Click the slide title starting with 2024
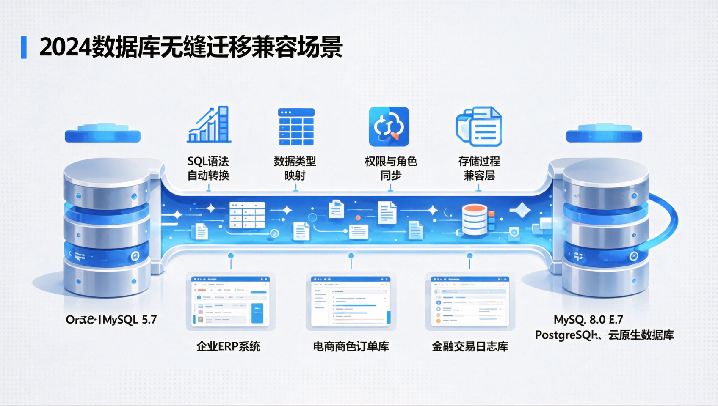pyautogui.click(x=191, y=47)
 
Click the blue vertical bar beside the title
pyautogui.click(x=24, y=47)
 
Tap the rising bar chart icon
pyautogui.click(x=209, y=124)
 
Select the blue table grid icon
pyautogui.click(x=296, y=127)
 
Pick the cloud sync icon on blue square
pyautogui.click(x=389, y=126)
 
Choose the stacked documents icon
pyautogui.click(x=479, y=126)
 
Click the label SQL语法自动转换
pyautogui.click(x=208, y=168)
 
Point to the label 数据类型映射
pyautogui.click(x=295, y=168)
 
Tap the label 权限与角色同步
pyautogui.click(x=391, y=168)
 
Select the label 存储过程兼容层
pyautogui.click(x=479, y=168)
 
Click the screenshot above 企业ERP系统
pyautogui.click(x=231, y=301)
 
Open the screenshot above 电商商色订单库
pyautogui.click(x=351, y=301)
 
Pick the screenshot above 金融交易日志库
pyautogui.click(x=470, y=301)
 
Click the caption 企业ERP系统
pyautogui.click(x=228, y=347)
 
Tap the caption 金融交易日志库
pyautogui.click(x=470, y=347)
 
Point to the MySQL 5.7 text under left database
pyautogui.click(x=130, y=320)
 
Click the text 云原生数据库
pyautogui.click(x=641, y=335)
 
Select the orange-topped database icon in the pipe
pyautogui.click(x=475, y=219)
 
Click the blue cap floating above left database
pyautogui.click(x=102, y=133)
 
